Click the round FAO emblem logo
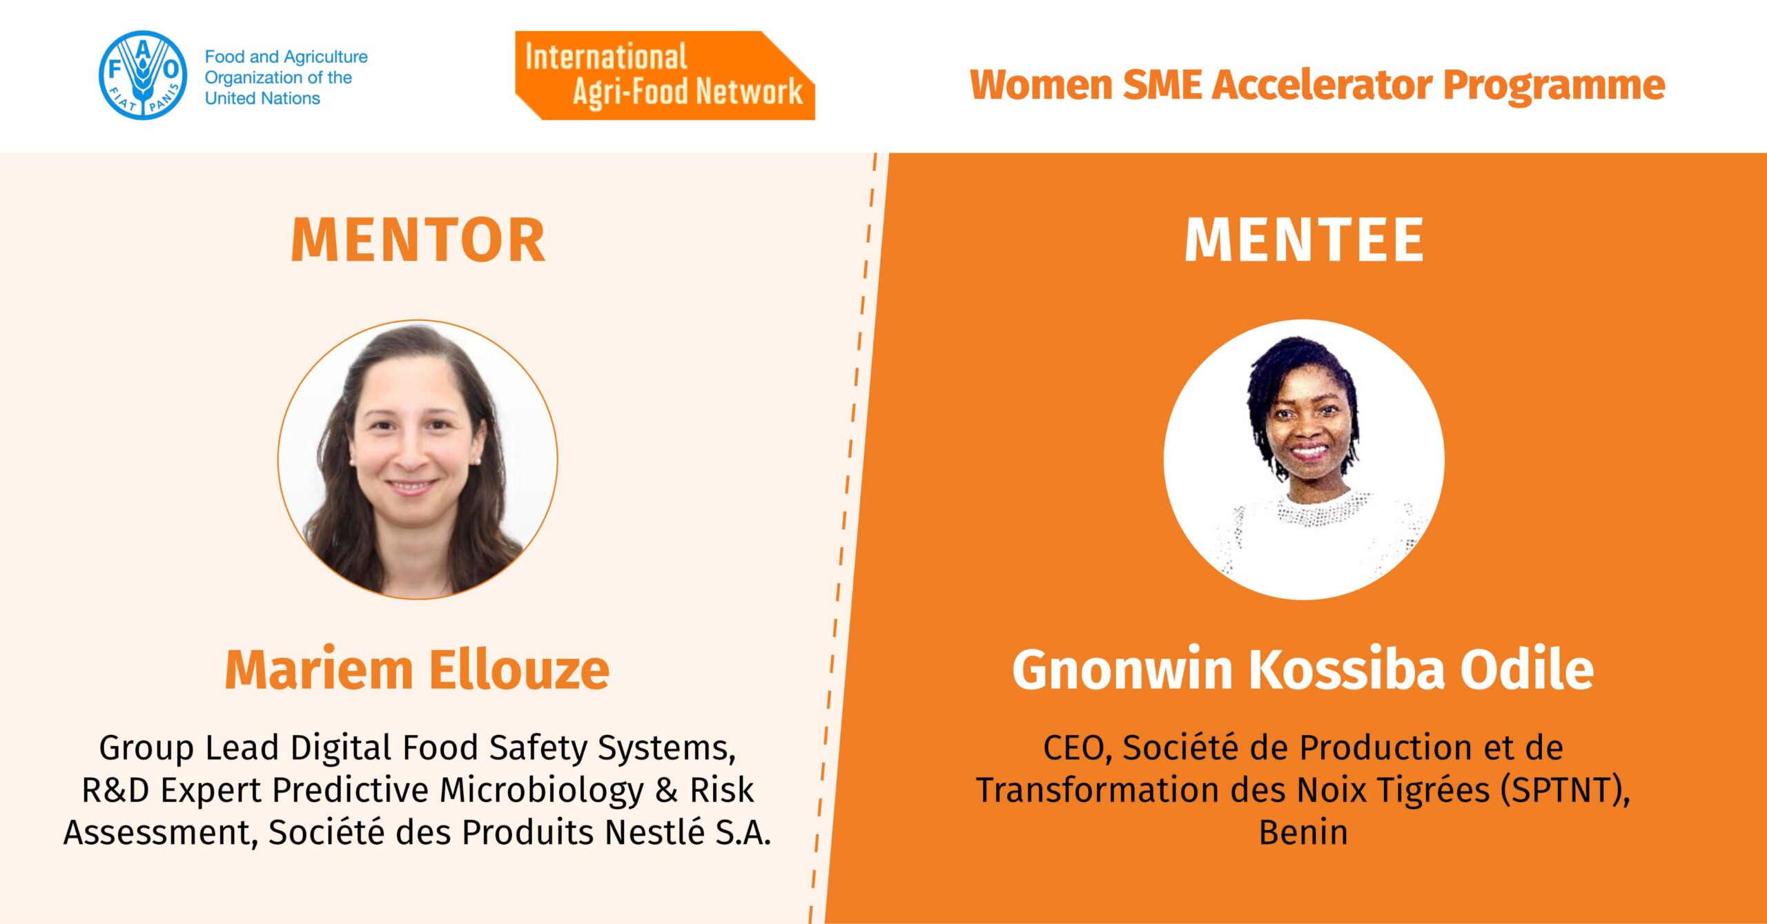[143, 75]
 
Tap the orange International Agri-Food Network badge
[665, 75]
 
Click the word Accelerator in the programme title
[1321, 85]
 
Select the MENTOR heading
[418, 239]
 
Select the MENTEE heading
[1304, 239]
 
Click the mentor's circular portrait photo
[418, 460]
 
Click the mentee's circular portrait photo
[1304, 460]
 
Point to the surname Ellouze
[520, 670]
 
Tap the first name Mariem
[319, 670]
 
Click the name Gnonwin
[1123, 670]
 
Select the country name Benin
[1303, 832]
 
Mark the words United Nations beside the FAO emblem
[262, 98]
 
